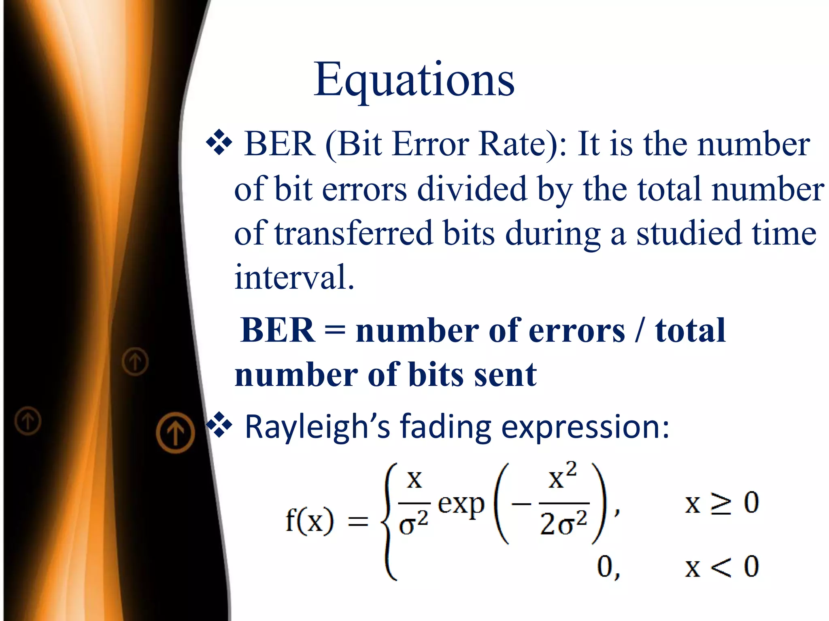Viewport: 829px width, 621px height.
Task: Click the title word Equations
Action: [x=414, y=80]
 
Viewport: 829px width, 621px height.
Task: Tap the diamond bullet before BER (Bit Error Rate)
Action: [x=219, y=142]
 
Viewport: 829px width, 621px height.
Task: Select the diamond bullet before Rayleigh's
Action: [x=219, y=425]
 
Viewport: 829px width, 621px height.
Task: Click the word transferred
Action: [x=353, y=234]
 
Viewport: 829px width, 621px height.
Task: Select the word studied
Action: [x=689, y=234]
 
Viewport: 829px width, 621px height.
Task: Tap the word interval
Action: [x=294, y=277]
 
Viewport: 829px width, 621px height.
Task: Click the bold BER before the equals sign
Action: [x=278, y=330]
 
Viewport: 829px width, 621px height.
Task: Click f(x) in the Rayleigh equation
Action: [x=310, y=520]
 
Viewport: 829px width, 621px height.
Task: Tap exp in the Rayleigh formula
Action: [x=461, y=505]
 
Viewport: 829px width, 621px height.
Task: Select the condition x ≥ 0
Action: [x=722, y=503]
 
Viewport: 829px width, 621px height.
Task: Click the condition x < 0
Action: [x=722, y=566]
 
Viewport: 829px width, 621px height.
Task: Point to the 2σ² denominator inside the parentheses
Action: [x=563, y=524]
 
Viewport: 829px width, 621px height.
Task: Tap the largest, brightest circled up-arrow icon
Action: [x=175, y=432]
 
